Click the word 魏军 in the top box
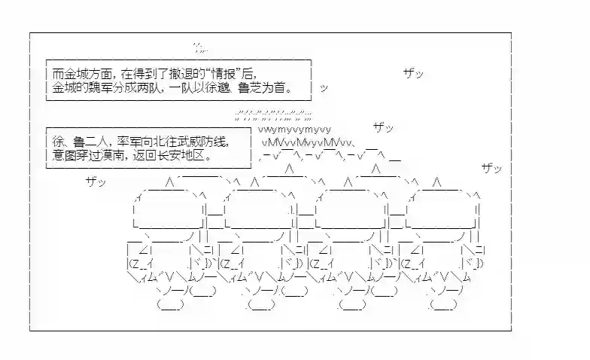coord(99,87)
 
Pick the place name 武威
coord(188,142)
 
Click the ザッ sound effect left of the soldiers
coord(96,182)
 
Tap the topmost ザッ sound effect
coord(414,73)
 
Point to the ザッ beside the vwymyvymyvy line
coord(384,128)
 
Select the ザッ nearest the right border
coord(492,168)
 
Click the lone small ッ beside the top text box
coord(324,89)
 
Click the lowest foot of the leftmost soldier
coord(170,304)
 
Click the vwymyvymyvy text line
coord(295,130)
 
